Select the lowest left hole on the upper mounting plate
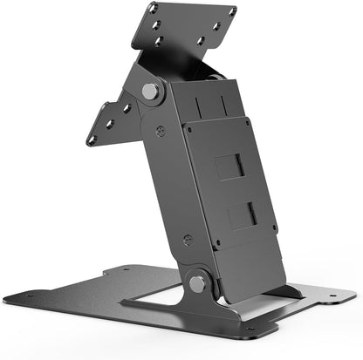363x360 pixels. click(158, 41)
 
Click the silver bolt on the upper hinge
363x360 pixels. click(149, 91)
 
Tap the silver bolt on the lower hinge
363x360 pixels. click(196, 282)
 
